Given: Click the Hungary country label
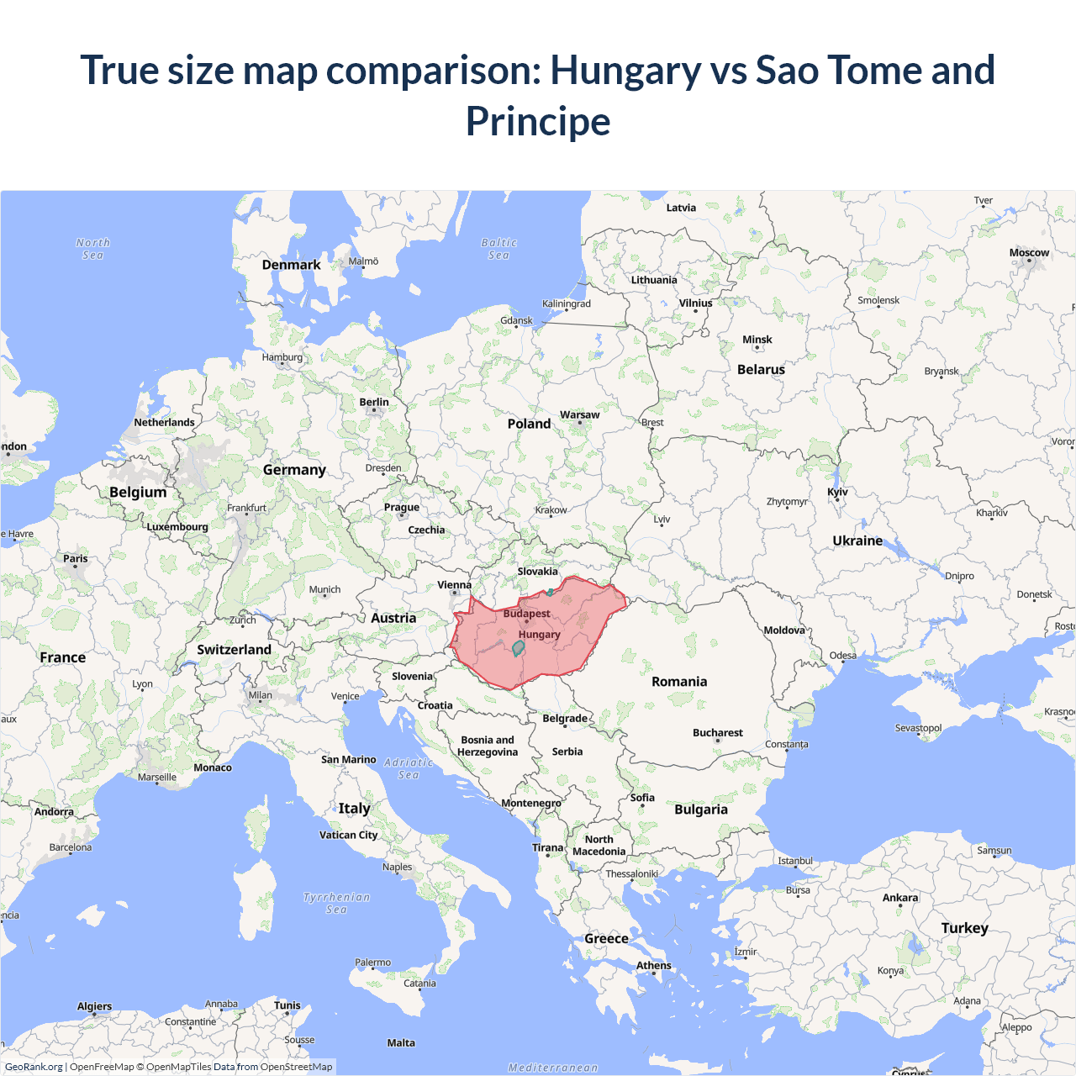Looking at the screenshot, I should (x=539, y=635).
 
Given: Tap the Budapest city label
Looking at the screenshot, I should (x=526, y=614).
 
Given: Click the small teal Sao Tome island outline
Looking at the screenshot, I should (x=519, y=647).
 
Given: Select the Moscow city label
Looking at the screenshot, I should (x=1029, y=252).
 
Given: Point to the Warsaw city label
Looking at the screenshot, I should (x=579, y=414).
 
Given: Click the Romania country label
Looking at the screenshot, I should (x=679, y=682).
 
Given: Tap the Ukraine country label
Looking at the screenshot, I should (x=857, y=541).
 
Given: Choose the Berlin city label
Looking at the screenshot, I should (x=374, y=402).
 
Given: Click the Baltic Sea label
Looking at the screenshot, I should (x=498, y=249).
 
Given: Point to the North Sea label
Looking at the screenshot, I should (x=92, y=249).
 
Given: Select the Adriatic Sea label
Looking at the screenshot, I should (x=409, y=768).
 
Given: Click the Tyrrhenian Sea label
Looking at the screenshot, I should (x=336, y=903).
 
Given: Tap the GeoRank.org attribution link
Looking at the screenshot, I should (x=34, y=1067).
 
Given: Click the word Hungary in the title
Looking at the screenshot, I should (x=625, y=70).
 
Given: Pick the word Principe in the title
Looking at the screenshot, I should (x=538, y=121).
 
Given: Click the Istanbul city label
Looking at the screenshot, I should (x=794, y=861).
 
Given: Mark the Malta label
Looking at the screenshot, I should (x=401, y=1043).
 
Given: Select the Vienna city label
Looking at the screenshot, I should (x=454, y=585).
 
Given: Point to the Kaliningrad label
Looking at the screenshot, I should (x=566, y=303).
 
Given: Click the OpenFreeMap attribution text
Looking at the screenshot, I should (x=102, y=1067).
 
